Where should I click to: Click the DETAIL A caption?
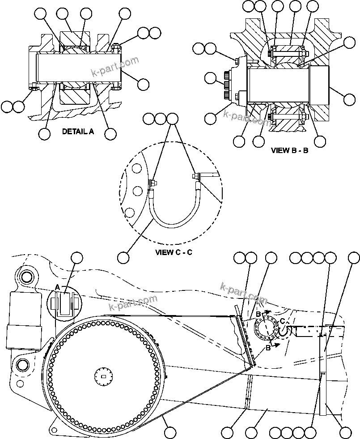pos(78,132)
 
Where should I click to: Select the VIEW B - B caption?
pos(289,150)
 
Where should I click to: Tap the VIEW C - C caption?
pos(174,252)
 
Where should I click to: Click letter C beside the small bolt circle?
pos(282,321)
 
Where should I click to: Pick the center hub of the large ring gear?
pos(104,376)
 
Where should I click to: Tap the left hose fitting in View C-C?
pos(152,183)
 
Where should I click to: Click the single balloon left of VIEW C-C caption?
pos(123,257)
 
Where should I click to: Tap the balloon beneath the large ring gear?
pos(169,432)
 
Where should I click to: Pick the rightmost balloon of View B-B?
pos(350,96)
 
